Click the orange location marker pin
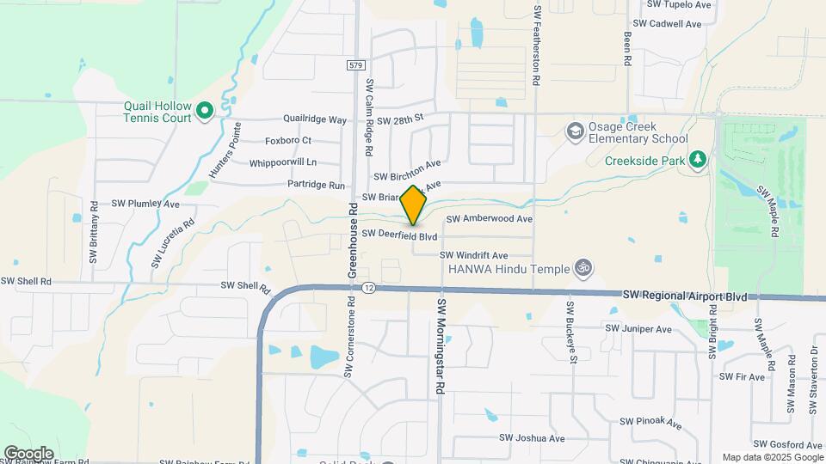coord(414,205)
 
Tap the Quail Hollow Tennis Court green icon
coord(204,110)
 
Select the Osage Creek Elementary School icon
coord(574,131)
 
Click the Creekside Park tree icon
coord(698,158)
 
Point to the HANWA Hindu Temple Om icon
coord(584,268)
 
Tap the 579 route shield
coord(357,65)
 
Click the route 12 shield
coord(368,287)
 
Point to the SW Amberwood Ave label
coord(489,219)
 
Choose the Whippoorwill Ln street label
coord(283,162)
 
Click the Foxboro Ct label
coord(288,140)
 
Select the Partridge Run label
coord(316,185)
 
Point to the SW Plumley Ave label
coord(145,205)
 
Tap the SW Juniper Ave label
coord(638,328)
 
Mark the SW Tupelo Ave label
coord(672,4)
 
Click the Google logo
coord(28,453)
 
